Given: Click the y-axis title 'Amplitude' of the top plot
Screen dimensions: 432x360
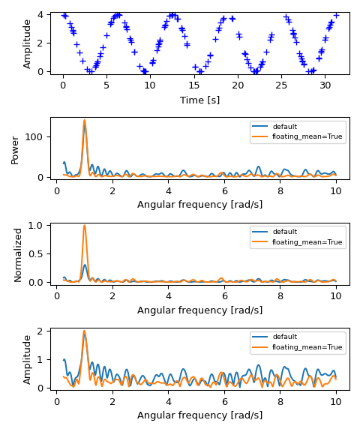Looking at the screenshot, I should point(28,43).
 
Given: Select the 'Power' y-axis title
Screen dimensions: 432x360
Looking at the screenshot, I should point(15,149).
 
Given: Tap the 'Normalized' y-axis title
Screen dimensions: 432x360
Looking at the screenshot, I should point(18,253).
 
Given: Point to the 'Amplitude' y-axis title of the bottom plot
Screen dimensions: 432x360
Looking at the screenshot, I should point(28,359).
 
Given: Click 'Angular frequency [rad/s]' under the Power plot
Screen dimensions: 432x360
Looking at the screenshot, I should point(199,204).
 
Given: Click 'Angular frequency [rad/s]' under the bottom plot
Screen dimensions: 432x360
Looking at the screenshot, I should point(199,415).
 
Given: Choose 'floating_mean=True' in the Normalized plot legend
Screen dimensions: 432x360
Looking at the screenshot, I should point(307,242).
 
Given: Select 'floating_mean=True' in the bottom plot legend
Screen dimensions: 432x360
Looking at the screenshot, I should point(307,347).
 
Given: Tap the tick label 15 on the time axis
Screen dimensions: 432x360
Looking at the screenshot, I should point(194,85).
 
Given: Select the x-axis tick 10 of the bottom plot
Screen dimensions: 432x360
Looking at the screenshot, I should point(336,400).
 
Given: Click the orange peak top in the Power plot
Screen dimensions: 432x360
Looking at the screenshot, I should point(84,120).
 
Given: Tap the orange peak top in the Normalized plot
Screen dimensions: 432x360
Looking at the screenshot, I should point(84,225).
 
